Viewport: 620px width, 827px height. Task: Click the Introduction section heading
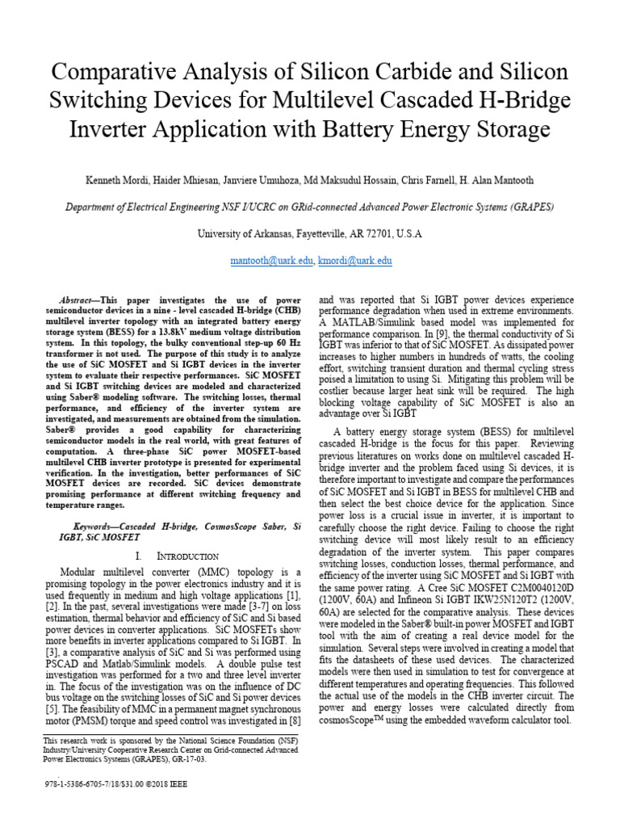pos(186,556)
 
